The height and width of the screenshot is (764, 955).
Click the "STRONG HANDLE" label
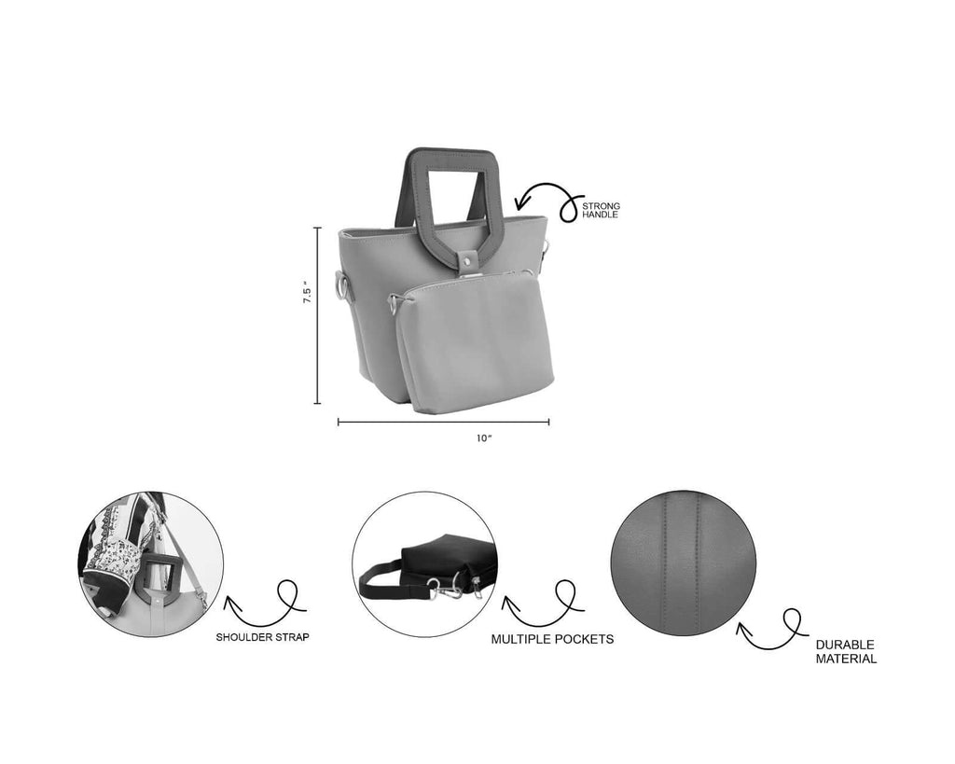point(601,210)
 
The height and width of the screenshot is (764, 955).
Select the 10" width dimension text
point(482,438)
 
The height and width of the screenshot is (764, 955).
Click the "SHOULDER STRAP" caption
point(264,637)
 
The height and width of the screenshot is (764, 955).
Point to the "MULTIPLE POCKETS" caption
point(552,640)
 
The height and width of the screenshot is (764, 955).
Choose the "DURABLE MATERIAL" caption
point(846,651)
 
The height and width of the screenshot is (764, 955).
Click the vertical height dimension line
point(318,315)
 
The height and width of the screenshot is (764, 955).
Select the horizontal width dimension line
point(443,422)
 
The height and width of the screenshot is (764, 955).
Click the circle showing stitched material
point(683,563)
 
